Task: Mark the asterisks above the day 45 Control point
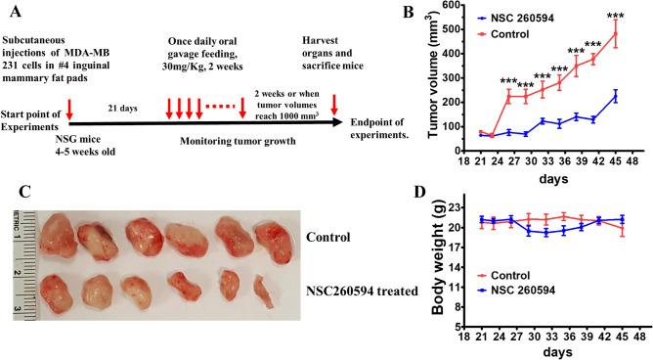coord(616,15)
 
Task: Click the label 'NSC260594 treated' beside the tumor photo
coord(359,289)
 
